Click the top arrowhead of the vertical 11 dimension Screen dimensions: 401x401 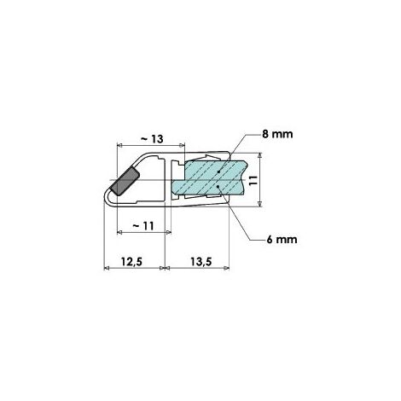click(261, 158)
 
